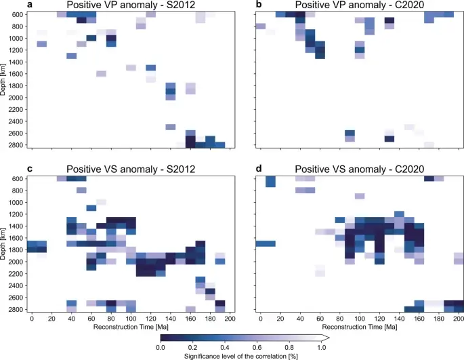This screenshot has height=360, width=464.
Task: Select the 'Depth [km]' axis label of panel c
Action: click(x=4, y=244)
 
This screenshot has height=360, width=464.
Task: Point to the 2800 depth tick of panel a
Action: click(x=16, y=144)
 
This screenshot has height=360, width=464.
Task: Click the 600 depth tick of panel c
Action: click(x=18, y=178)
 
